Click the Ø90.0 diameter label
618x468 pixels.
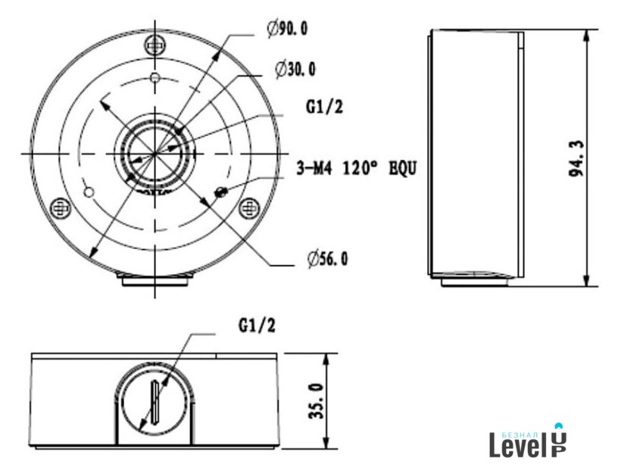coord(288,29)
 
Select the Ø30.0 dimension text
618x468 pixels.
coord(295,70)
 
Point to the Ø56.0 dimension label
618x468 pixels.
coord(328,259)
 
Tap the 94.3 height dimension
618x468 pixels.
coord(576,158)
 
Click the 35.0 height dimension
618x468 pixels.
coord(316,401)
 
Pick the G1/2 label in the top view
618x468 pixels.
coord(325,106)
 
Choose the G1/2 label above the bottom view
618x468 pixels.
coord(257,326)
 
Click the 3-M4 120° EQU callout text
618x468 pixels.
coord(356,169)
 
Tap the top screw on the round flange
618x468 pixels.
coord(155,46)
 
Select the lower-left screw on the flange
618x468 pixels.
coord(61,207)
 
